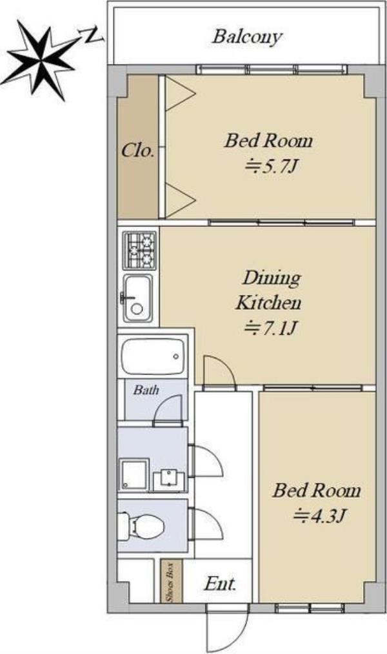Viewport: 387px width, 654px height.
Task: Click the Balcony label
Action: click(247, 37)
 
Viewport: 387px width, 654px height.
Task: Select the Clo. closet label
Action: click(138, 150)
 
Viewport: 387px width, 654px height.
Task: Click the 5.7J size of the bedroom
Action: click(272, 167)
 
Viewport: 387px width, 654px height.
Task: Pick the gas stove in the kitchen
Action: click(139, 250)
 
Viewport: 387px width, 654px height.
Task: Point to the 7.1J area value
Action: click(271, 329)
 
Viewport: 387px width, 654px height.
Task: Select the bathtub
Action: click(153, 356)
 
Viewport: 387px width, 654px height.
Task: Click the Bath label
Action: click(146, 390)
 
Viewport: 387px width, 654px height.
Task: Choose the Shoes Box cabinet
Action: click(171, 580)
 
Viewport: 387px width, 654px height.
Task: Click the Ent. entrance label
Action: click(220, 584)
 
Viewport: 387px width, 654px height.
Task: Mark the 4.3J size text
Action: click(319, 516)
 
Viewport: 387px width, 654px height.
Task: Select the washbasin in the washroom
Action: click(169, 480)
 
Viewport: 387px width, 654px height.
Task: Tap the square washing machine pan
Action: click(134, 475)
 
